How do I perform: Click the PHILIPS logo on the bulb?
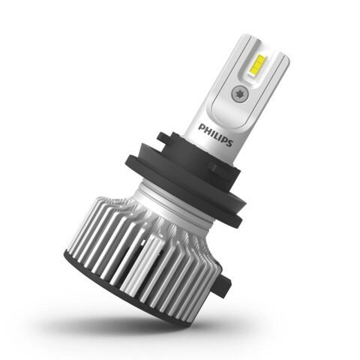pyautogui.click(x=215, y=135)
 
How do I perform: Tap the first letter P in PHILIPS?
pyautogui.click(x=200, y=127)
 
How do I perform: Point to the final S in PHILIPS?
pyautogui.click(x=230, y=143)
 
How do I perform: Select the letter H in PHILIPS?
pyautogui.click(x=206, y=130)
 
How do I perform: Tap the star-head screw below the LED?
pyautogui.click(x=238, y=94)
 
